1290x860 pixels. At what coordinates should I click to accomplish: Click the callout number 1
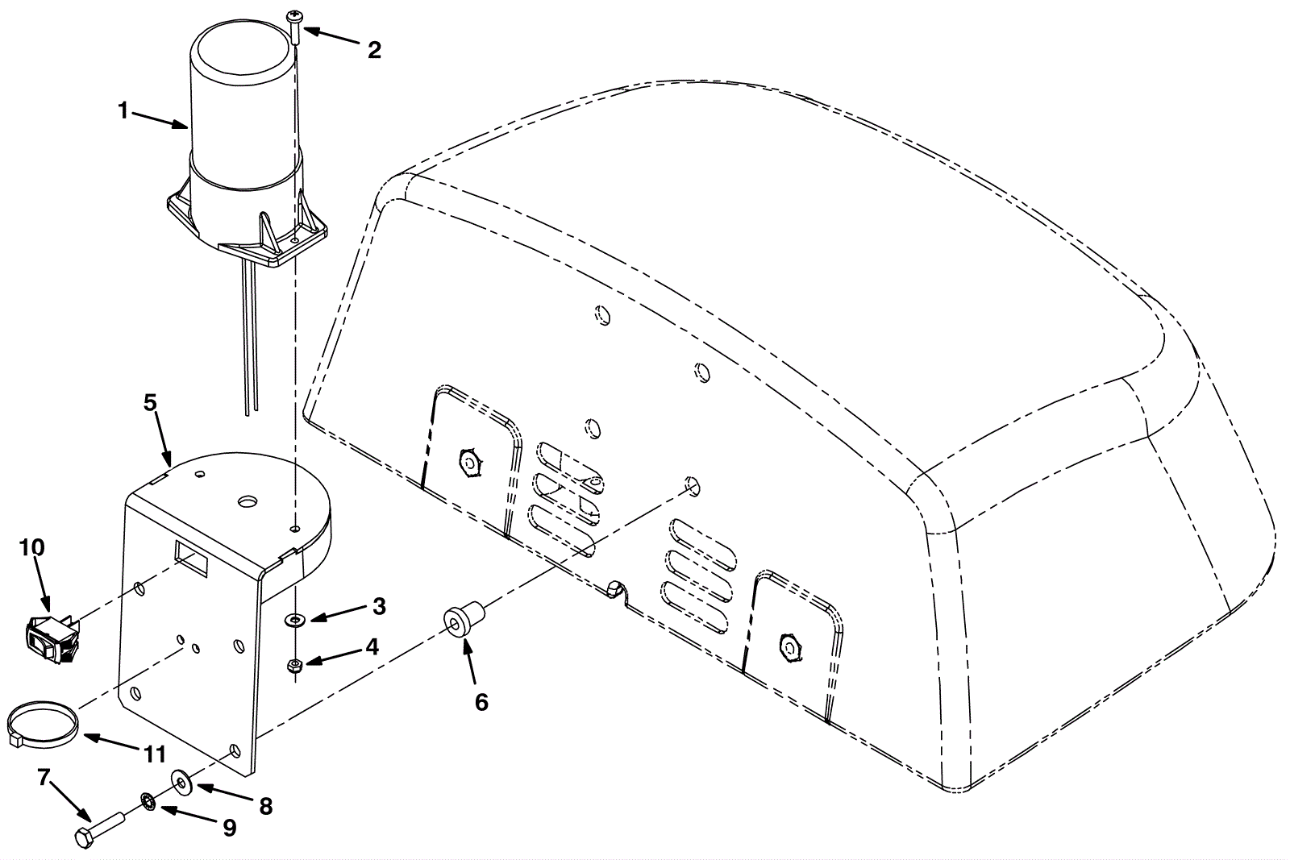click(123, 110)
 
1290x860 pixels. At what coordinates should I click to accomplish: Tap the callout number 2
click(374, 50)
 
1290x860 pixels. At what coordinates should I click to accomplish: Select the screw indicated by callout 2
click(294, 27)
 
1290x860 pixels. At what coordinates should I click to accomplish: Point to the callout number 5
click(150, 403)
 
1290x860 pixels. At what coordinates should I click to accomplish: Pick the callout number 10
click(32, 547)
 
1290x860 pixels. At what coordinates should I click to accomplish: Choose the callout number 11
click(154, 754)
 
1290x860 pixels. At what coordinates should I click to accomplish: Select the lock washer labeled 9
click(148, 802)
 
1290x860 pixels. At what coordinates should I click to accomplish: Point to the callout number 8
click(265, 807)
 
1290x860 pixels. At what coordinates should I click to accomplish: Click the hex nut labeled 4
click(295, 666)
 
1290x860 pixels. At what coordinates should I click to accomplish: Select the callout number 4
click(372, 646)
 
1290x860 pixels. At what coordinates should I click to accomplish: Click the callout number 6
click(481, 702)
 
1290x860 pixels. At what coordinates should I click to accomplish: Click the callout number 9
click(229, 828)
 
